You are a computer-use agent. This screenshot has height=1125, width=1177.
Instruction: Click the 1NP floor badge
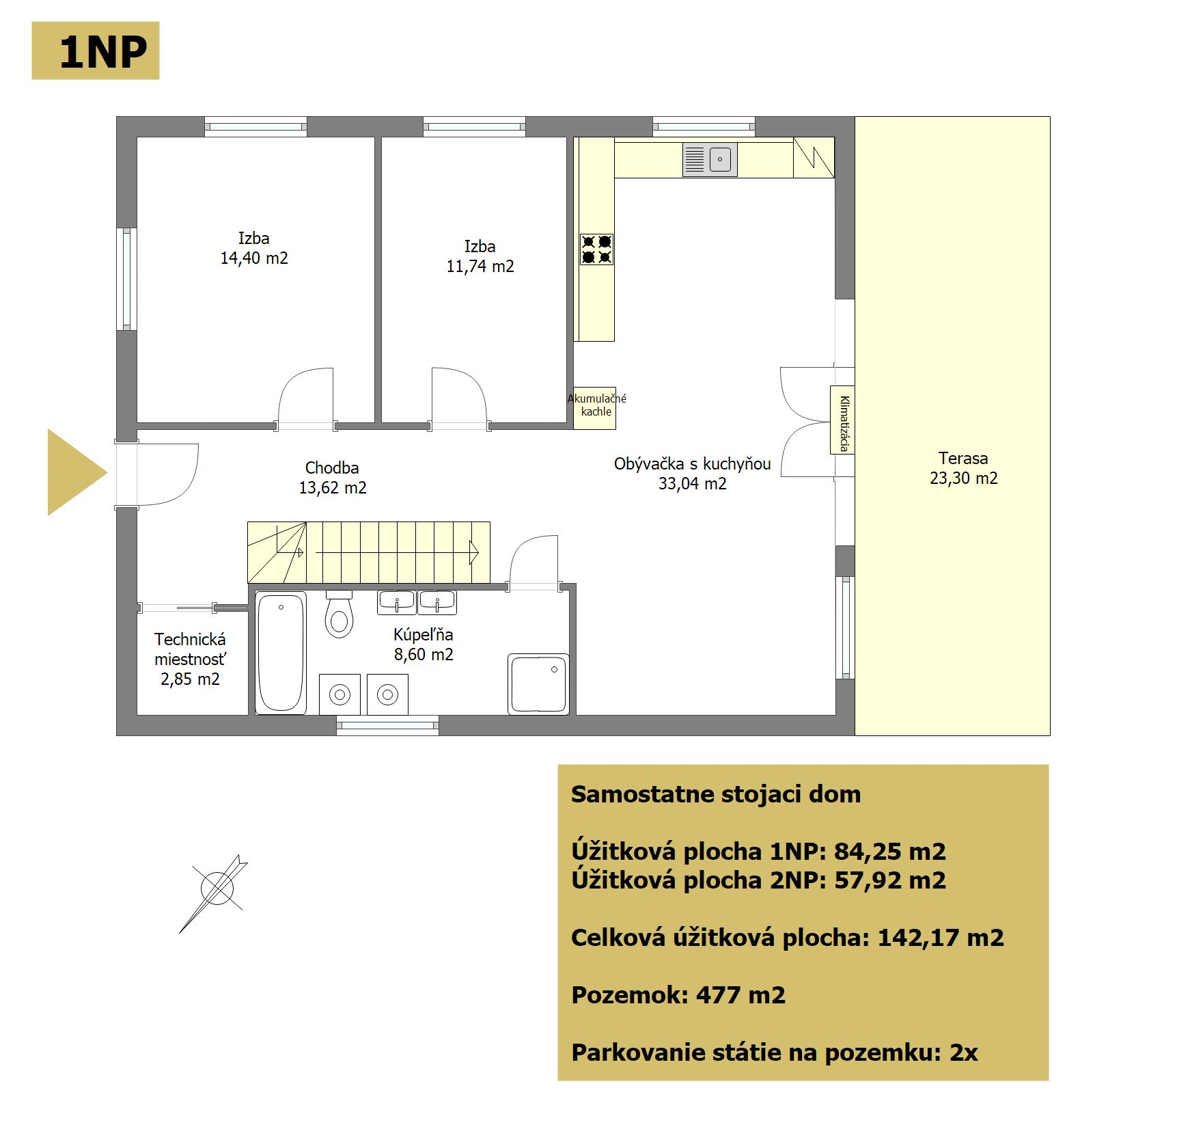(96, 51)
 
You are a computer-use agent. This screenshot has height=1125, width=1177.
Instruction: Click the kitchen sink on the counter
(710, 160)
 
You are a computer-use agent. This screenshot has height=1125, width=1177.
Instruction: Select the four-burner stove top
(596, 249)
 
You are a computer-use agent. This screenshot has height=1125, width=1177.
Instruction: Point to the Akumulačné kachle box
(594, 408)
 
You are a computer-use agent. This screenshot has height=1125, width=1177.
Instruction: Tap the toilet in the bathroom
(339, 614)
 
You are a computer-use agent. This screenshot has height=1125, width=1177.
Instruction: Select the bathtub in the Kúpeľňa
(281, 653)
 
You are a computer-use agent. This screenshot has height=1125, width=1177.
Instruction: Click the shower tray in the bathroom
(538, 684)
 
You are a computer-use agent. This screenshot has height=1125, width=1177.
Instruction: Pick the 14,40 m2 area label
(254, 258)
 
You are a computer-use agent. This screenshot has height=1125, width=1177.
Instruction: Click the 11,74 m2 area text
(480, 267)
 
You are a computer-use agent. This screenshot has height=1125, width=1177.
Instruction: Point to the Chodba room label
(332, 468)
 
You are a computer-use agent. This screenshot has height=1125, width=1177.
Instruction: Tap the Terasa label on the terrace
(963, 459)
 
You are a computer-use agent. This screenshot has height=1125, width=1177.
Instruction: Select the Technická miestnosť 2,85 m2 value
(190, 679)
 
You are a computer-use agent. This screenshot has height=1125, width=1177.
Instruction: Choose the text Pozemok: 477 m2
(678, 995)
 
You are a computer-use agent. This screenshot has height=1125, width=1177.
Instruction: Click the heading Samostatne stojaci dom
(716, 794)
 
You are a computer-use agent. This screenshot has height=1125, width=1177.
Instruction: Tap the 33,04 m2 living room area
(692, 484)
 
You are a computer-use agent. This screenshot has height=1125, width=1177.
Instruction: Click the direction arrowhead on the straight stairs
(474, 552)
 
